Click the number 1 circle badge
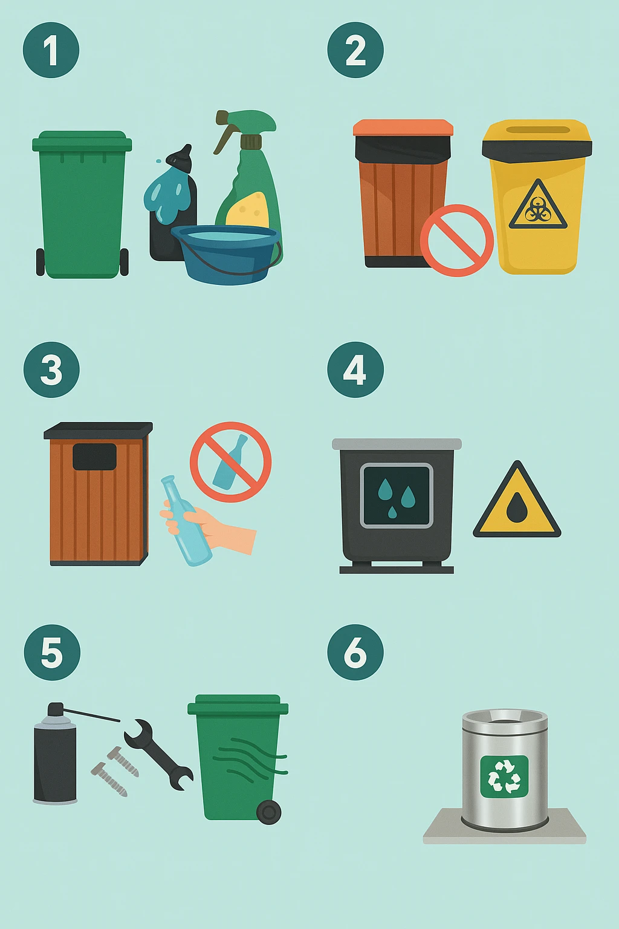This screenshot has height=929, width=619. coord(51,50)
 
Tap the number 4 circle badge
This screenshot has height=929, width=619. coord(355,370)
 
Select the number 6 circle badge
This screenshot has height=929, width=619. coord(355,652)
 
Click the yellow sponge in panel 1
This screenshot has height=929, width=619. coord(247,210)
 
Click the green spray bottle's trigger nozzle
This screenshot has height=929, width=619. coord(245,125)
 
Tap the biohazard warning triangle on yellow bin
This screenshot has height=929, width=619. coord(538,204)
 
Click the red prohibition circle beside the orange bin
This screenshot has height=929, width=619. coord(457,241)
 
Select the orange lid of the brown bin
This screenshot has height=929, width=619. coord(403,128)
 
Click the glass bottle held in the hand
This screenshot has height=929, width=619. coord(186,521)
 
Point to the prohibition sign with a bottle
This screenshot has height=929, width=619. coord(230,463)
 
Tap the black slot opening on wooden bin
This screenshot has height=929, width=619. coord(94,457)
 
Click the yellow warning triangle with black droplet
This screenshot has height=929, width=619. coord(517,500)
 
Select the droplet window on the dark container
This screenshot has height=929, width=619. coord(397,495)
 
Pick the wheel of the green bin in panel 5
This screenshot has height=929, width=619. coord(268,812)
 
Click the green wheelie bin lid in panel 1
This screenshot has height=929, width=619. coord(82,142)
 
